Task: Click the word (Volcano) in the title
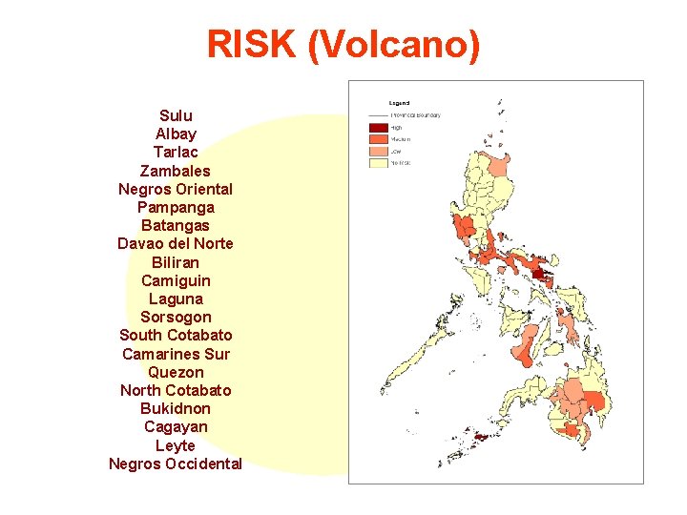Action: coord(394,45)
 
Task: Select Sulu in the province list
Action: coord(176,115)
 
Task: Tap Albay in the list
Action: coord(176,134)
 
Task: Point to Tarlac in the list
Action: coord(176,152)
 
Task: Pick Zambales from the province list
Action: coord(176,171)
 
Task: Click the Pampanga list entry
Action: coord(176,207)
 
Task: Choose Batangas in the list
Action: coord(176,225)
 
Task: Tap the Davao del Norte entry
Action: coord(176,243)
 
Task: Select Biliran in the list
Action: coord(176,261)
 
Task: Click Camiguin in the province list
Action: coord(176,280)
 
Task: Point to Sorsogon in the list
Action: coord(176,317)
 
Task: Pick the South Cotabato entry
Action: coord(176,335)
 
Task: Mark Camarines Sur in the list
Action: coord(176,354)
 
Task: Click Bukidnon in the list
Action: coord(176,408)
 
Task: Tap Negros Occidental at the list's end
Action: coord(176,463)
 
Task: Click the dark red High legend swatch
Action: coord(379,128)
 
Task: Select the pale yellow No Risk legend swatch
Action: coord(379,162)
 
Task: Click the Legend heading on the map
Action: coord(399,102)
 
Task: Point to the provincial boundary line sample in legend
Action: coord(379,115)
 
